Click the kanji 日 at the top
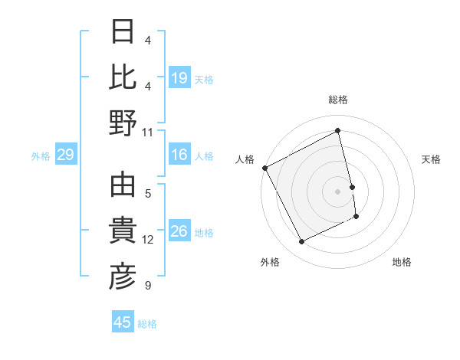[x=123, y=32]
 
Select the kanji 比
[x=123, y=77]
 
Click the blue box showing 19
[x=179, y=78]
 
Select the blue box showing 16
[x=179, y=155]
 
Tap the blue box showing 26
[x=179, y=232]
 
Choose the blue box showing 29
[x=65, y=155]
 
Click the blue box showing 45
[x=123, y=322]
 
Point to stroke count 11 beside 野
[x=148, y=132]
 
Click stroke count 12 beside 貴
[x=148, y=240]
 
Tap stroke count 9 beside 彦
[x=148, y=286]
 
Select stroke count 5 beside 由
[x=148, y=193]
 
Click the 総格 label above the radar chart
[x=338, y=100]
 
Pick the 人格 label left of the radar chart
[x=245, y=159]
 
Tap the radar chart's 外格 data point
[x=301, y=242]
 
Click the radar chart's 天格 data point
[x=352, y=186]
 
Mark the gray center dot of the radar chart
[x=338, y=191]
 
